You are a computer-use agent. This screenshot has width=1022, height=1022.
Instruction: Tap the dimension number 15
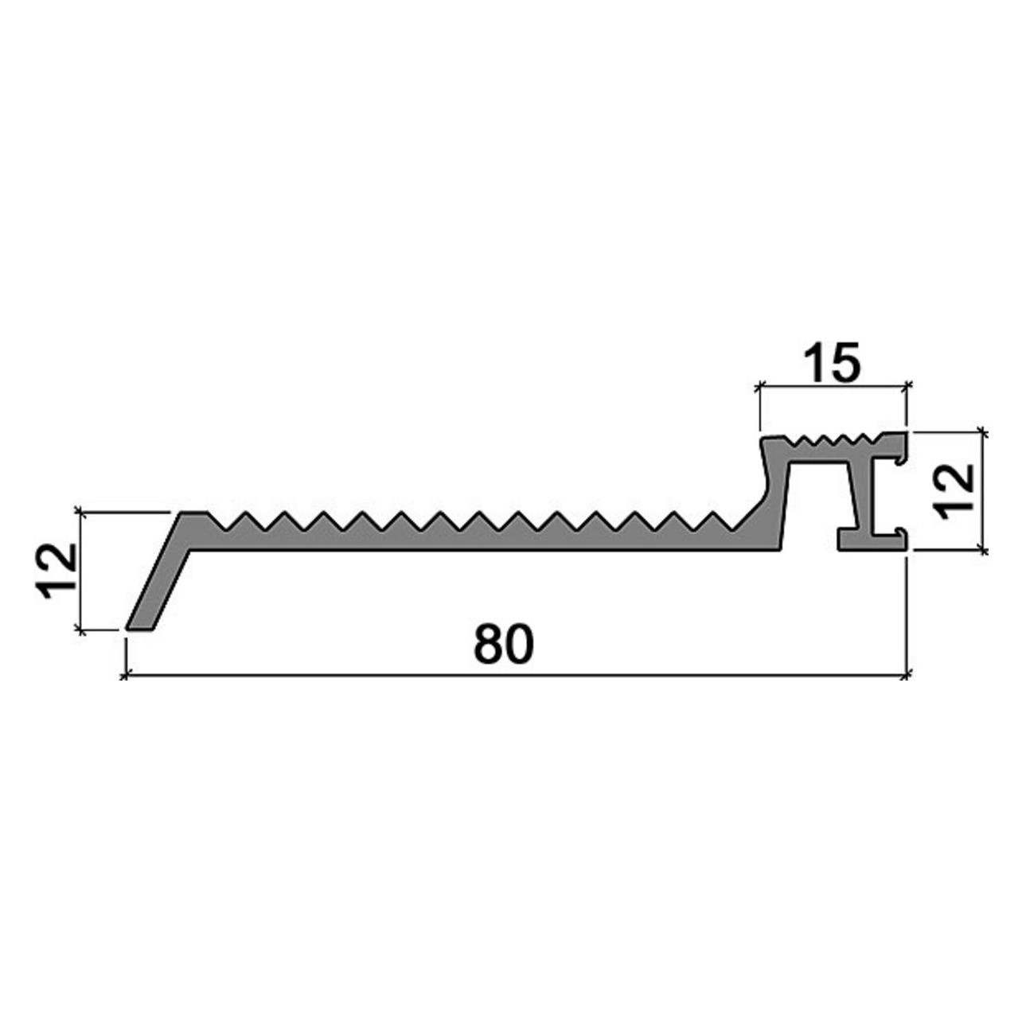pyautogui.click(x=831, y=363)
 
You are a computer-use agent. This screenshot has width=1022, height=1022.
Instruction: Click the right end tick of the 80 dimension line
pyautogui.click(x=907, y=675)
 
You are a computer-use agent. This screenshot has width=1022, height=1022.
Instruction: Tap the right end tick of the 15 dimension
pyautogui.click(x=907, y=386)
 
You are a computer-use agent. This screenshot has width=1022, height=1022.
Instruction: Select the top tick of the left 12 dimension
pyautogui.click(x=80, y=512)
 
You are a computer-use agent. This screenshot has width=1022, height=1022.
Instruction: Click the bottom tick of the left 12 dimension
pyautogui.click(x=80, y=630)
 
